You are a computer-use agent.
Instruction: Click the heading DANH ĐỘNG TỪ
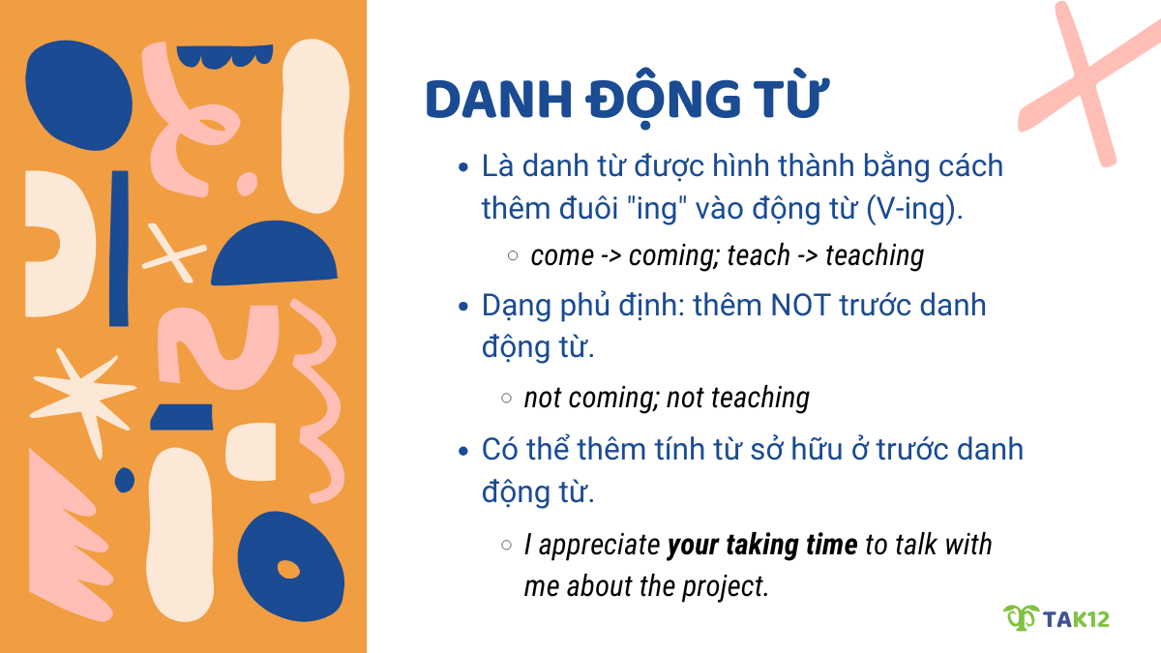[x=628, y=100]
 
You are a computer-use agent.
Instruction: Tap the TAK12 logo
[x=1056, y=617]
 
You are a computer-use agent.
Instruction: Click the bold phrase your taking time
[x=762, y=545]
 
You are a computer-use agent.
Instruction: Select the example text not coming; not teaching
[x=667, y=398]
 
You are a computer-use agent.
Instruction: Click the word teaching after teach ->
[x=875, y=255]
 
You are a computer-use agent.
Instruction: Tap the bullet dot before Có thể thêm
[x=463, y=451]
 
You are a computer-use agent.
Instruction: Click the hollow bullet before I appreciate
[x=507, y=546]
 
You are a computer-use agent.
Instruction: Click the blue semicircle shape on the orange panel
[x=275, y=256]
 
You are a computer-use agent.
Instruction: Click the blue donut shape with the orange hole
[x=290, y=567]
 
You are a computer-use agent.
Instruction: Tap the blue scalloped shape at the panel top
[x=225, y=58]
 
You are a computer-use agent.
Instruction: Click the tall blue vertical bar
[x=119, y=248]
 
